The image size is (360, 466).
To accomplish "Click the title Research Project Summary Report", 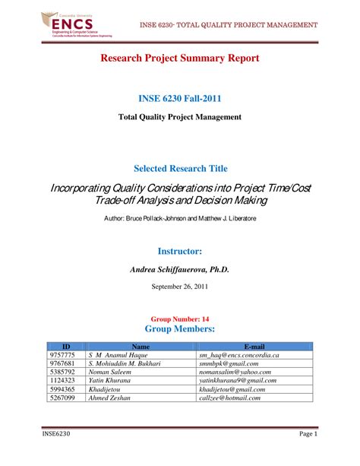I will [180, 59].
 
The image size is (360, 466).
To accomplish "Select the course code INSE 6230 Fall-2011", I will [180, 99].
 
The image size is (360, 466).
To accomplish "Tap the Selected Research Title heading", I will [180, 168].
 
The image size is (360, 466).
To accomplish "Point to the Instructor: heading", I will [179, 250].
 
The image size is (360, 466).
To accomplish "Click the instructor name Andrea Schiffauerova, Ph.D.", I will [180, 269].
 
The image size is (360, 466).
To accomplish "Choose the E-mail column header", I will [254, 346].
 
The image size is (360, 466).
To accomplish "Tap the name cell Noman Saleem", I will [111, 372].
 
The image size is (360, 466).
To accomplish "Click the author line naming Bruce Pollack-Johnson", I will [180, 218].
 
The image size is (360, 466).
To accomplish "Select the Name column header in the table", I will [141, 346].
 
